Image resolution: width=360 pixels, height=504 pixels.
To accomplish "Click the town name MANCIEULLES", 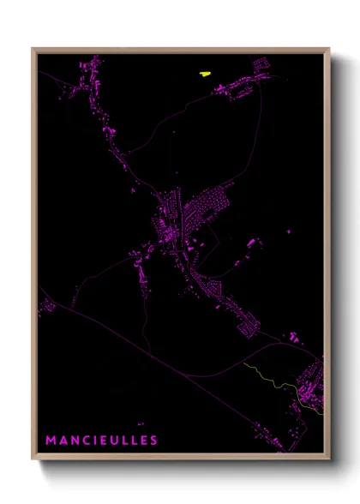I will pyautogui.click(x=101, y=441).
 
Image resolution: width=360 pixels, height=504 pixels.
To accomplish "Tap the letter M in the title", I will pyautogui.click(x=51, y=441).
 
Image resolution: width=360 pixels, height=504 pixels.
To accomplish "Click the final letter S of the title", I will pyautogui.click(x=153, y=441).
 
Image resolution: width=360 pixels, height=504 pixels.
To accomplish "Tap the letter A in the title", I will pyautogui.click(x=63, y=441).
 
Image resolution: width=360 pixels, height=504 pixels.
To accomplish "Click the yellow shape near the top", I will pyautogui.click(x=205, y=74).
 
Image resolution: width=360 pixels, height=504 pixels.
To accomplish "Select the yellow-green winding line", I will pyautogui.click(x=274, y=377).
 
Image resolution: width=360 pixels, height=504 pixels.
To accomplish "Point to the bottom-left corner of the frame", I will pyautogui.click(x=33, y=460).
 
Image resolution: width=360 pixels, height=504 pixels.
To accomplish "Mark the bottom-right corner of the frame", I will pyautogui.click(x=329, y=460).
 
